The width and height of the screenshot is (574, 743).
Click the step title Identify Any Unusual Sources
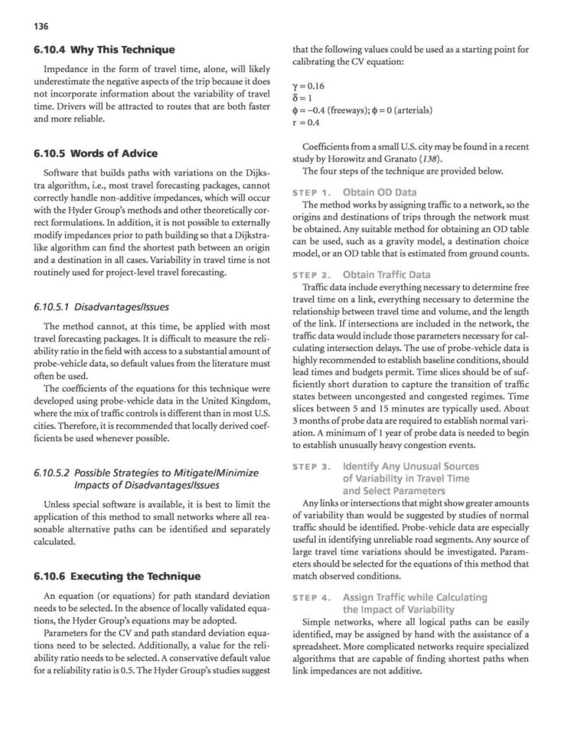pyautogui.click(x=410, y=466)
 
